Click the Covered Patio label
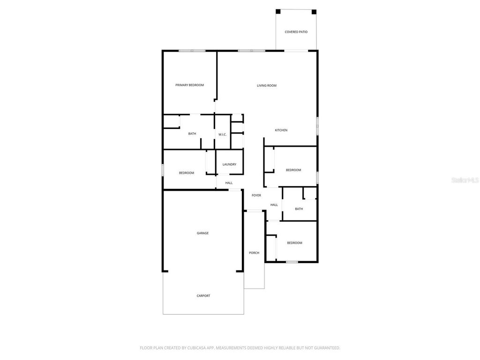point(296,32)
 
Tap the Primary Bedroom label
point(189,85)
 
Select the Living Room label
point(267,85)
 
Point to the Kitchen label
point(281,130)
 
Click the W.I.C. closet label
point(222,135)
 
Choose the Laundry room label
point(229,164)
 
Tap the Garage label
point(202,233)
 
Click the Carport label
point(203,296)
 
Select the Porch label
point(254,253)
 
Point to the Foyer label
point(256,195)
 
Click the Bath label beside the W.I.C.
point(192,134)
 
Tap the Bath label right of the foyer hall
point(299,209)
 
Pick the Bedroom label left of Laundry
point(187,173)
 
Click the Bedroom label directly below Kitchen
point(293,170)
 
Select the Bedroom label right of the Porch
point(294,243)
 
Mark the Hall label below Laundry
point(229,183)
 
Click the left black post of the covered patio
point(278,11)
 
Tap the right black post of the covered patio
point(314,12)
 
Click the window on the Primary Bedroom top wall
point(192,51)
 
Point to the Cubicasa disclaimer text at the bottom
point(240,348)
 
